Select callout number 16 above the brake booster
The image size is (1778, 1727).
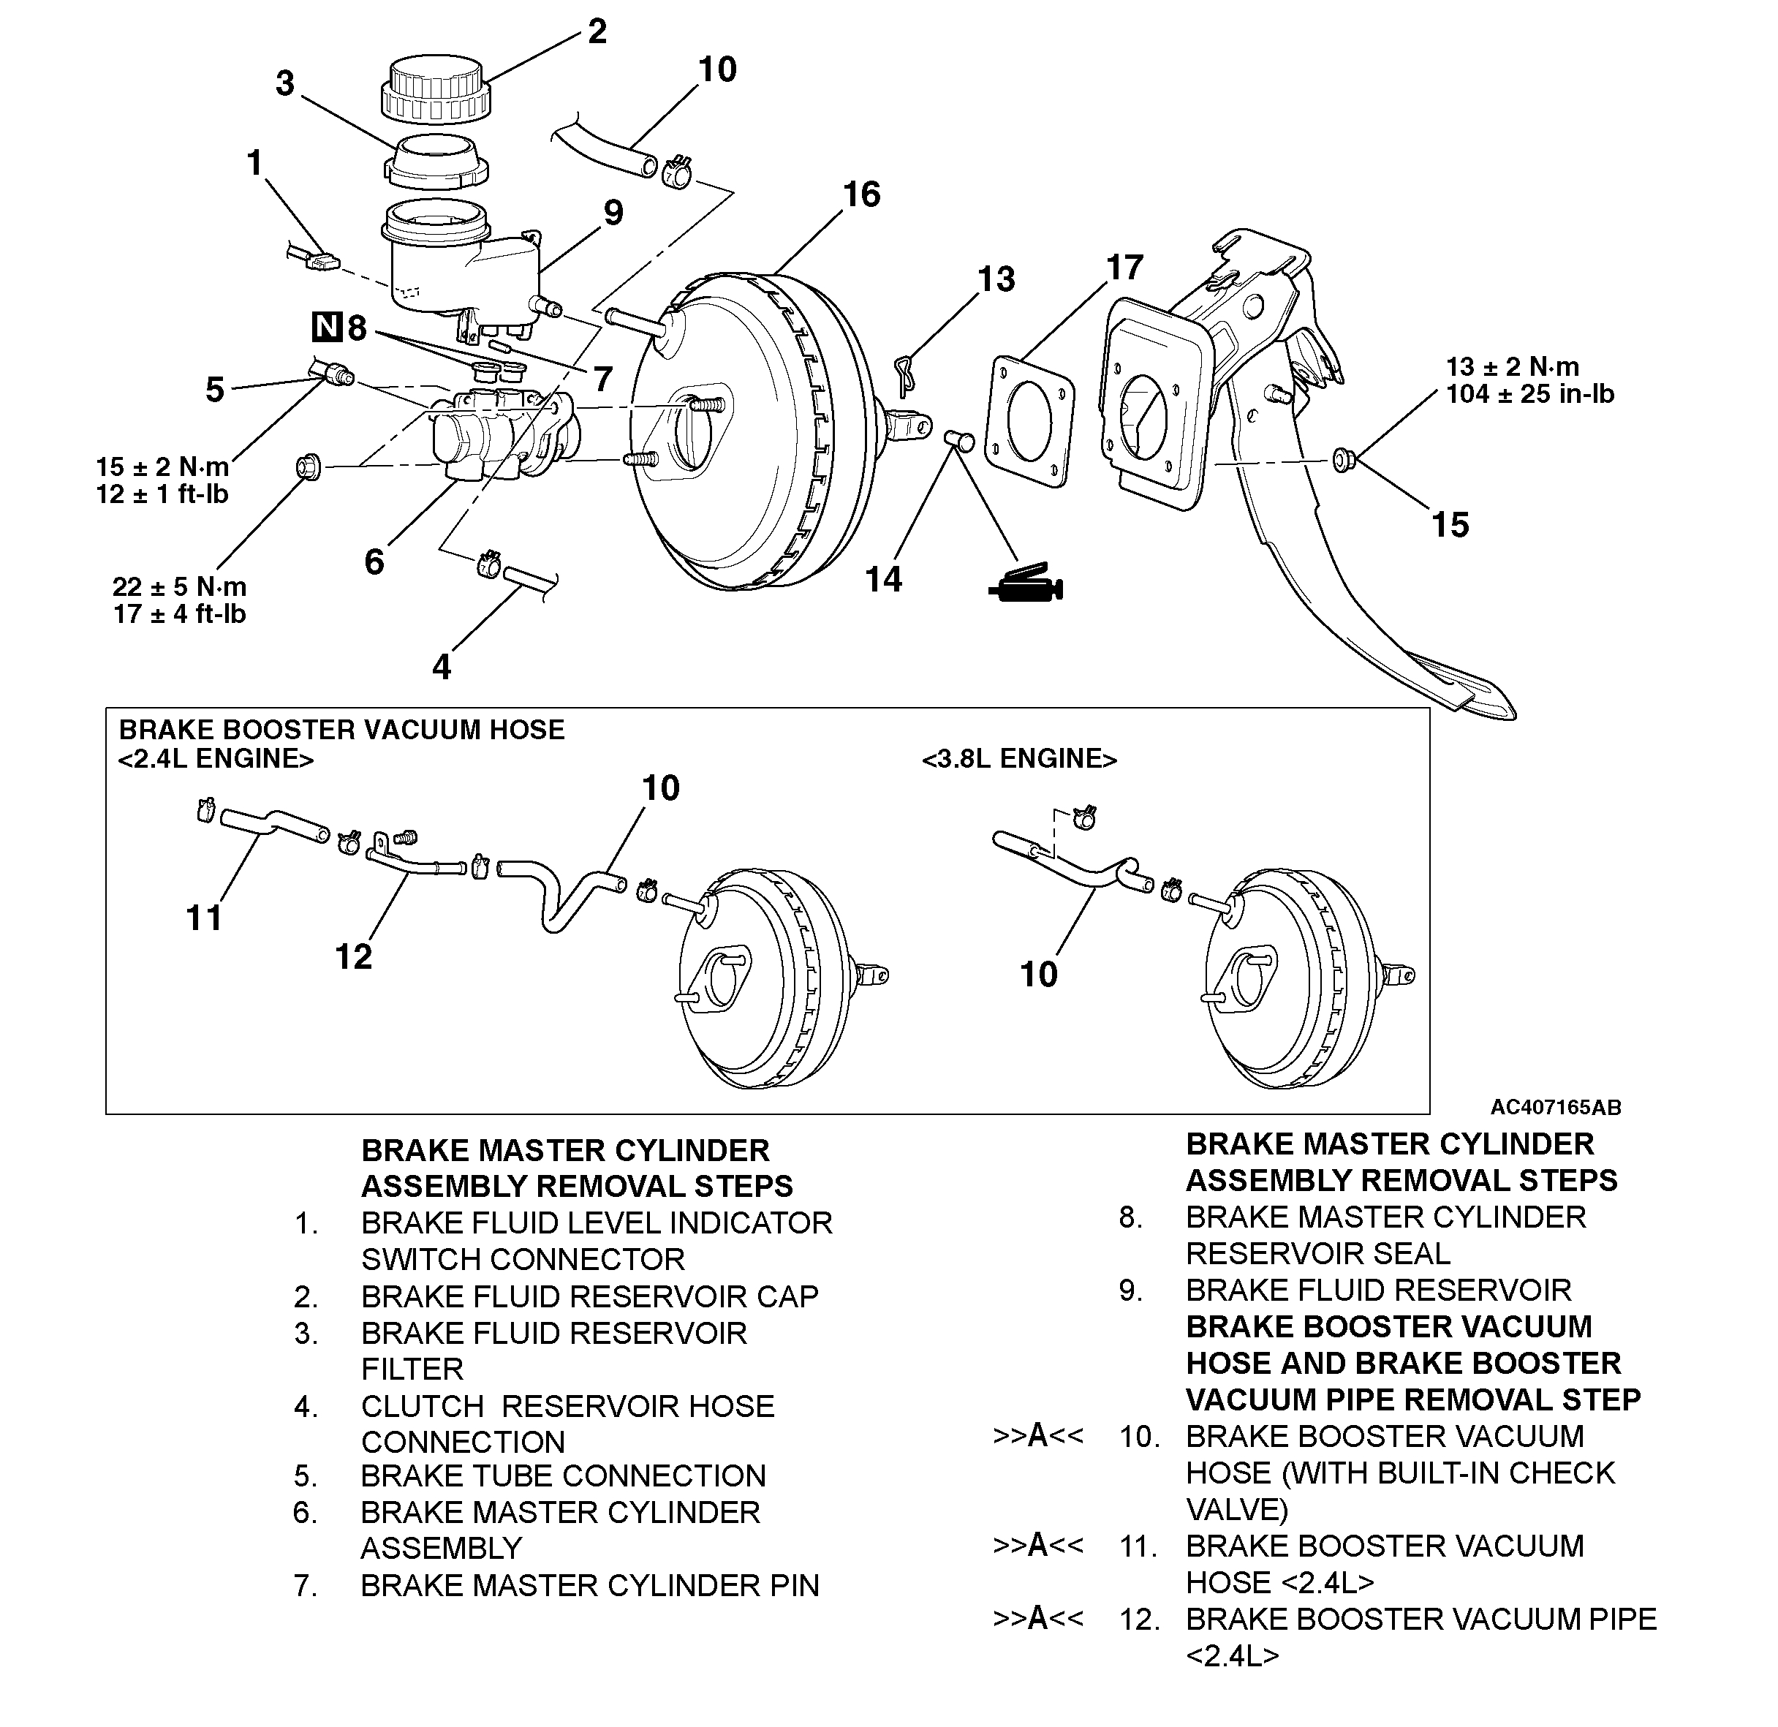tap(861, 194)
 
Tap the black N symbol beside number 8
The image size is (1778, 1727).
tap(327, 327)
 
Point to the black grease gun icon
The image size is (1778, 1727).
tap(1025, 585)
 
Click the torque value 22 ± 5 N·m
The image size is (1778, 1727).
tap(180, 587)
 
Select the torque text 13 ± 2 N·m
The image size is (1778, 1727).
tap(1512, 367)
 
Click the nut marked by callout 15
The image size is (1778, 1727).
tap(1344, 460)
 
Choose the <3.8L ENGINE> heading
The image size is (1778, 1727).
tap(1018, 758)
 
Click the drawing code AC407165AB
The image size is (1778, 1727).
tap(1555, 1108)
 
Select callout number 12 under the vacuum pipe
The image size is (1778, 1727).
tap(353, 956)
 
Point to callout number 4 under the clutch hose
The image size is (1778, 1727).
tap(441, 668)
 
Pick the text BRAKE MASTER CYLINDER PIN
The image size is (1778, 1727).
tap(590, 1585)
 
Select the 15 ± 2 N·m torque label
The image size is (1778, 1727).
tap(162, 467)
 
